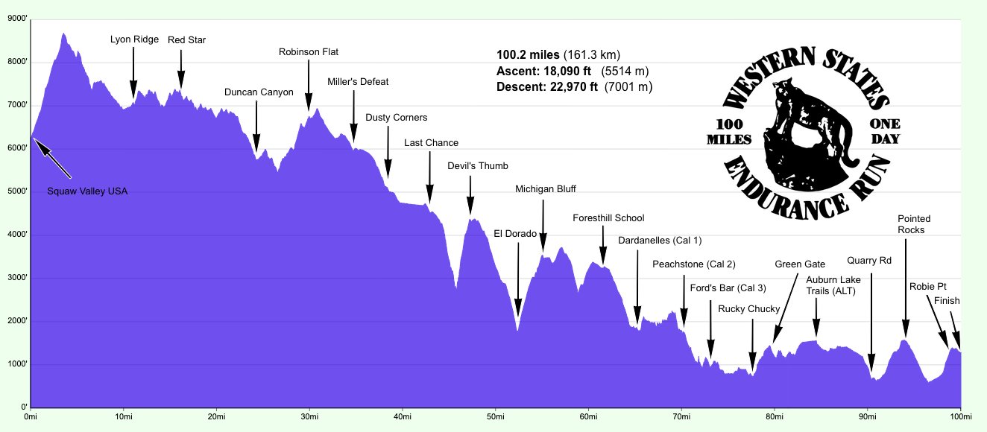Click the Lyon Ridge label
(x=134, y=39)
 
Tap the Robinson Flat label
(x=309, y=52)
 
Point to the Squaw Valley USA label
(x=87, y=191)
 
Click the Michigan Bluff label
(x=546, y=189)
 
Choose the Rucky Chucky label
(x=748, y=309)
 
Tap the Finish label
(x=947, y=301)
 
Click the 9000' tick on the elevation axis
(x=17, y=19)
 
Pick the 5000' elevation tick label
(x=17, y=191)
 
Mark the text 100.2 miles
(x=527, y=55)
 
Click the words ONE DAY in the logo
(x=885, y=131)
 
